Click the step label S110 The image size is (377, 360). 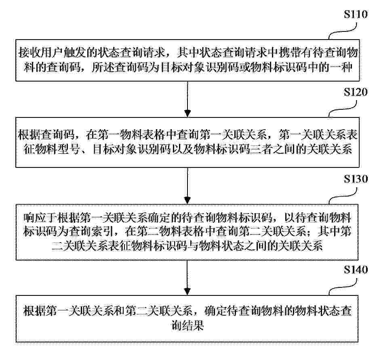pyautogui.click(x=356, y=14)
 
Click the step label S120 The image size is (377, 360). pyautogui.click(x=356, y=92)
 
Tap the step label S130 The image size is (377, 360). pyautogui.click(x=356, y=179)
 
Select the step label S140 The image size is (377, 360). pyautogui.click(x=356, y=270)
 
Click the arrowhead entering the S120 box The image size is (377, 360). pyautogui.click(x=187, y=113)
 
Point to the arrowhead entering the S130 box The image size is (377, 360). pyautogui.click(x=187, y=200)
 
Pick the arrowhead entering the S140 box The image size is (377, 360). pyautogui.click(x=187, y=291)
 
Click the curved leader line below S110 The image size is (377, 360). pyautogui.click(x=342, y=31)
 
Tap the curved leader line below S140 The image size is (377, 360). pyautogui.click(x=342, y=287)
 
